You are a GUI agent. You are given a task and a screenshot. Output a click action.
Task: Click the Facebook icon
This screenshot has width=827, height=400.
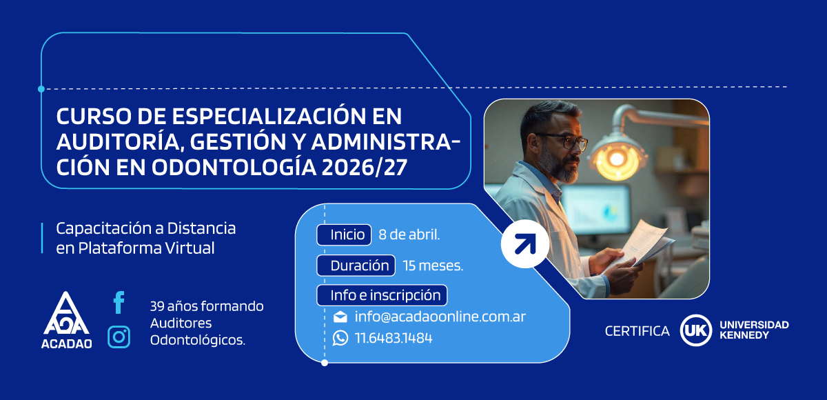[x=119, y=302]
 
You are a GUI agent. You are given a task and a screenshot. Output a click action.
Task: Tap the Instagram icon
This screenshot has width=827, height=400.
[x=119, y=337]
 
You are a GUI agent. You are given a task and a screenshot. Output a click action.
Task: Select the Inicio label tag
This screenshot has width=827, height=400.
[x=344, y=234]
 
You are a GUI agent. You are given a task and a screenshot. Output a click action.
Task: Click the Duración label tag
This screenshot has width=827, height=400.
[x=356, y=266]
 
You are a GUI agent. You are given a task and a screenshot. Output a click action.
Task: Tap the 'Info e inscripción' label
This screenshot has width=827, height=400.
[x=382, y=295]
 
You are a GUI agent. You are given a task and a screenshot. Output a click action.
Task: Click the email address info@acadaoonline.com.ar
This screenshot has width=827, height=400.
[x=440, y=317]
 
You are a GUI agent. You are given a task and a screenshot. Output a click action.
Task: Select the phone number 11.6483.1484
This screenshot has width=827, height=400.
[x=394, y=339]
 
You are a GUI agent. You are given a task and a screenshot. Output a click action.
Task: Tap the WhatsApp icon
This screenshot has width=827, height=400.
[x=340, y=338]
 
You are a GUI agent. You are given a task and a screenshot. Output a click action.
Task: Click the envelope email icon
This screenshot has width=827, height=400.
[x=340, y=317]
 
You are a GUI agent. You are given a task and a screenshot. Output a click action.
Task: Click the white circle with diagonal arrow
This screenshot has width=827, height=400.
[x=524, y=243]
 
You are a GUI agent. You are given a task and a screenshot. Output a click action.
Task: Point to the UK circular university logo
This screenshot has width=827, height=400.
[x=695, y=331]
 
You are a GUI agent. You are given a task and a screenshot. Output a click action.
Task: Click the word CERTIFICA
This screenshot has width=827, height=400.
[x=637, y=332]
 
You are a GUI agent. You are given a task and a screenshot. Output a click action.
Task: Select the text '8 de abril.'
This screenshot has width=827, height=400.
[x=409, y=234]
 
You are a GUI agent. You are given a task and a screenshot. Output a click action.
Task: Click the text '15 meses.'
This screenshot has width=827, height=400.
[x=433, y=266]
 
